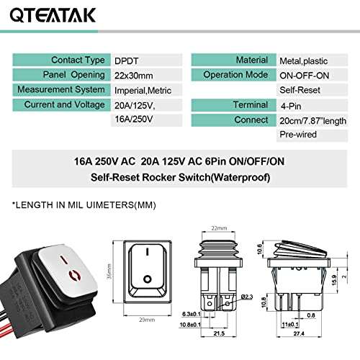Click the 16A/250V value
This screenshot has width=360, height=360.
135,119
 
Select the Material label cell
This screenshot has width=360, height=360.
232,60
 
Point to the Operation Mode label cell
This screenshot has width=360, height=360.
232,75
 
